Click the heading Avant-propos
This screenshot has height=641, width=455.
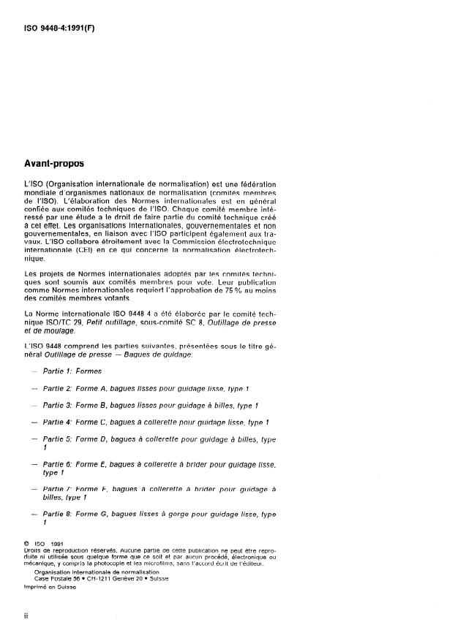pos(55,164)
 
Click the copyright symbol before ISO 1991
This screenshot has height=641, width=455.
pos(26,543)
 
